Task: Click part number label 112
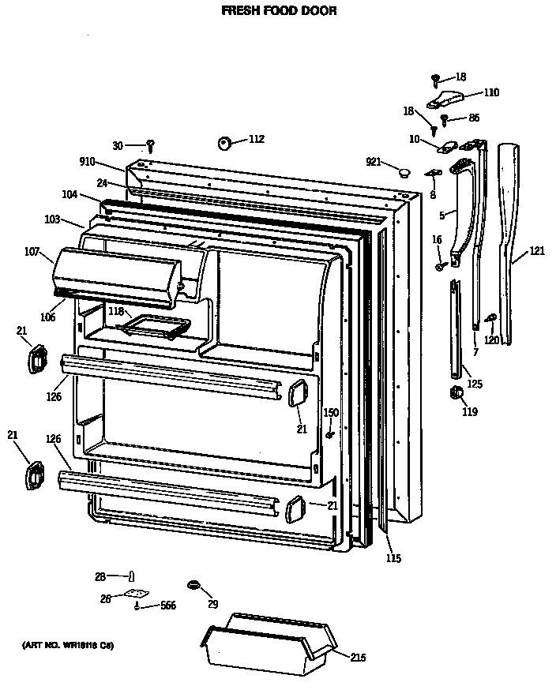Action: click(x=256, y=139)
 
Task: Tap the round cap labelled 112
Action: click(x=224, y=143)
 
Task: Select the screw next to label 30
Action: click(x=150, y=145)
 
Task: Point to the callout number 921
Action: click(x=374, y=162)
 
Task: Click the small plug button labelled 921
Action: click(x=404, y=172)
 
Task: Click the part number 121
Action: click(x=537, y=251)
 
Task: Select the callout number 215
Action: click(x=358, y=657)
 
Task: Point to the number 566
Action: click(x=168, y=606)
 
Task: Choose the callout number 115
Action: click(x=393, y=559)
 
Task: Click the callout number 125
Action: click(x=474, y=384)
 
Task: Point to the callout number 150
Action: click(x=331, y=412)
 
